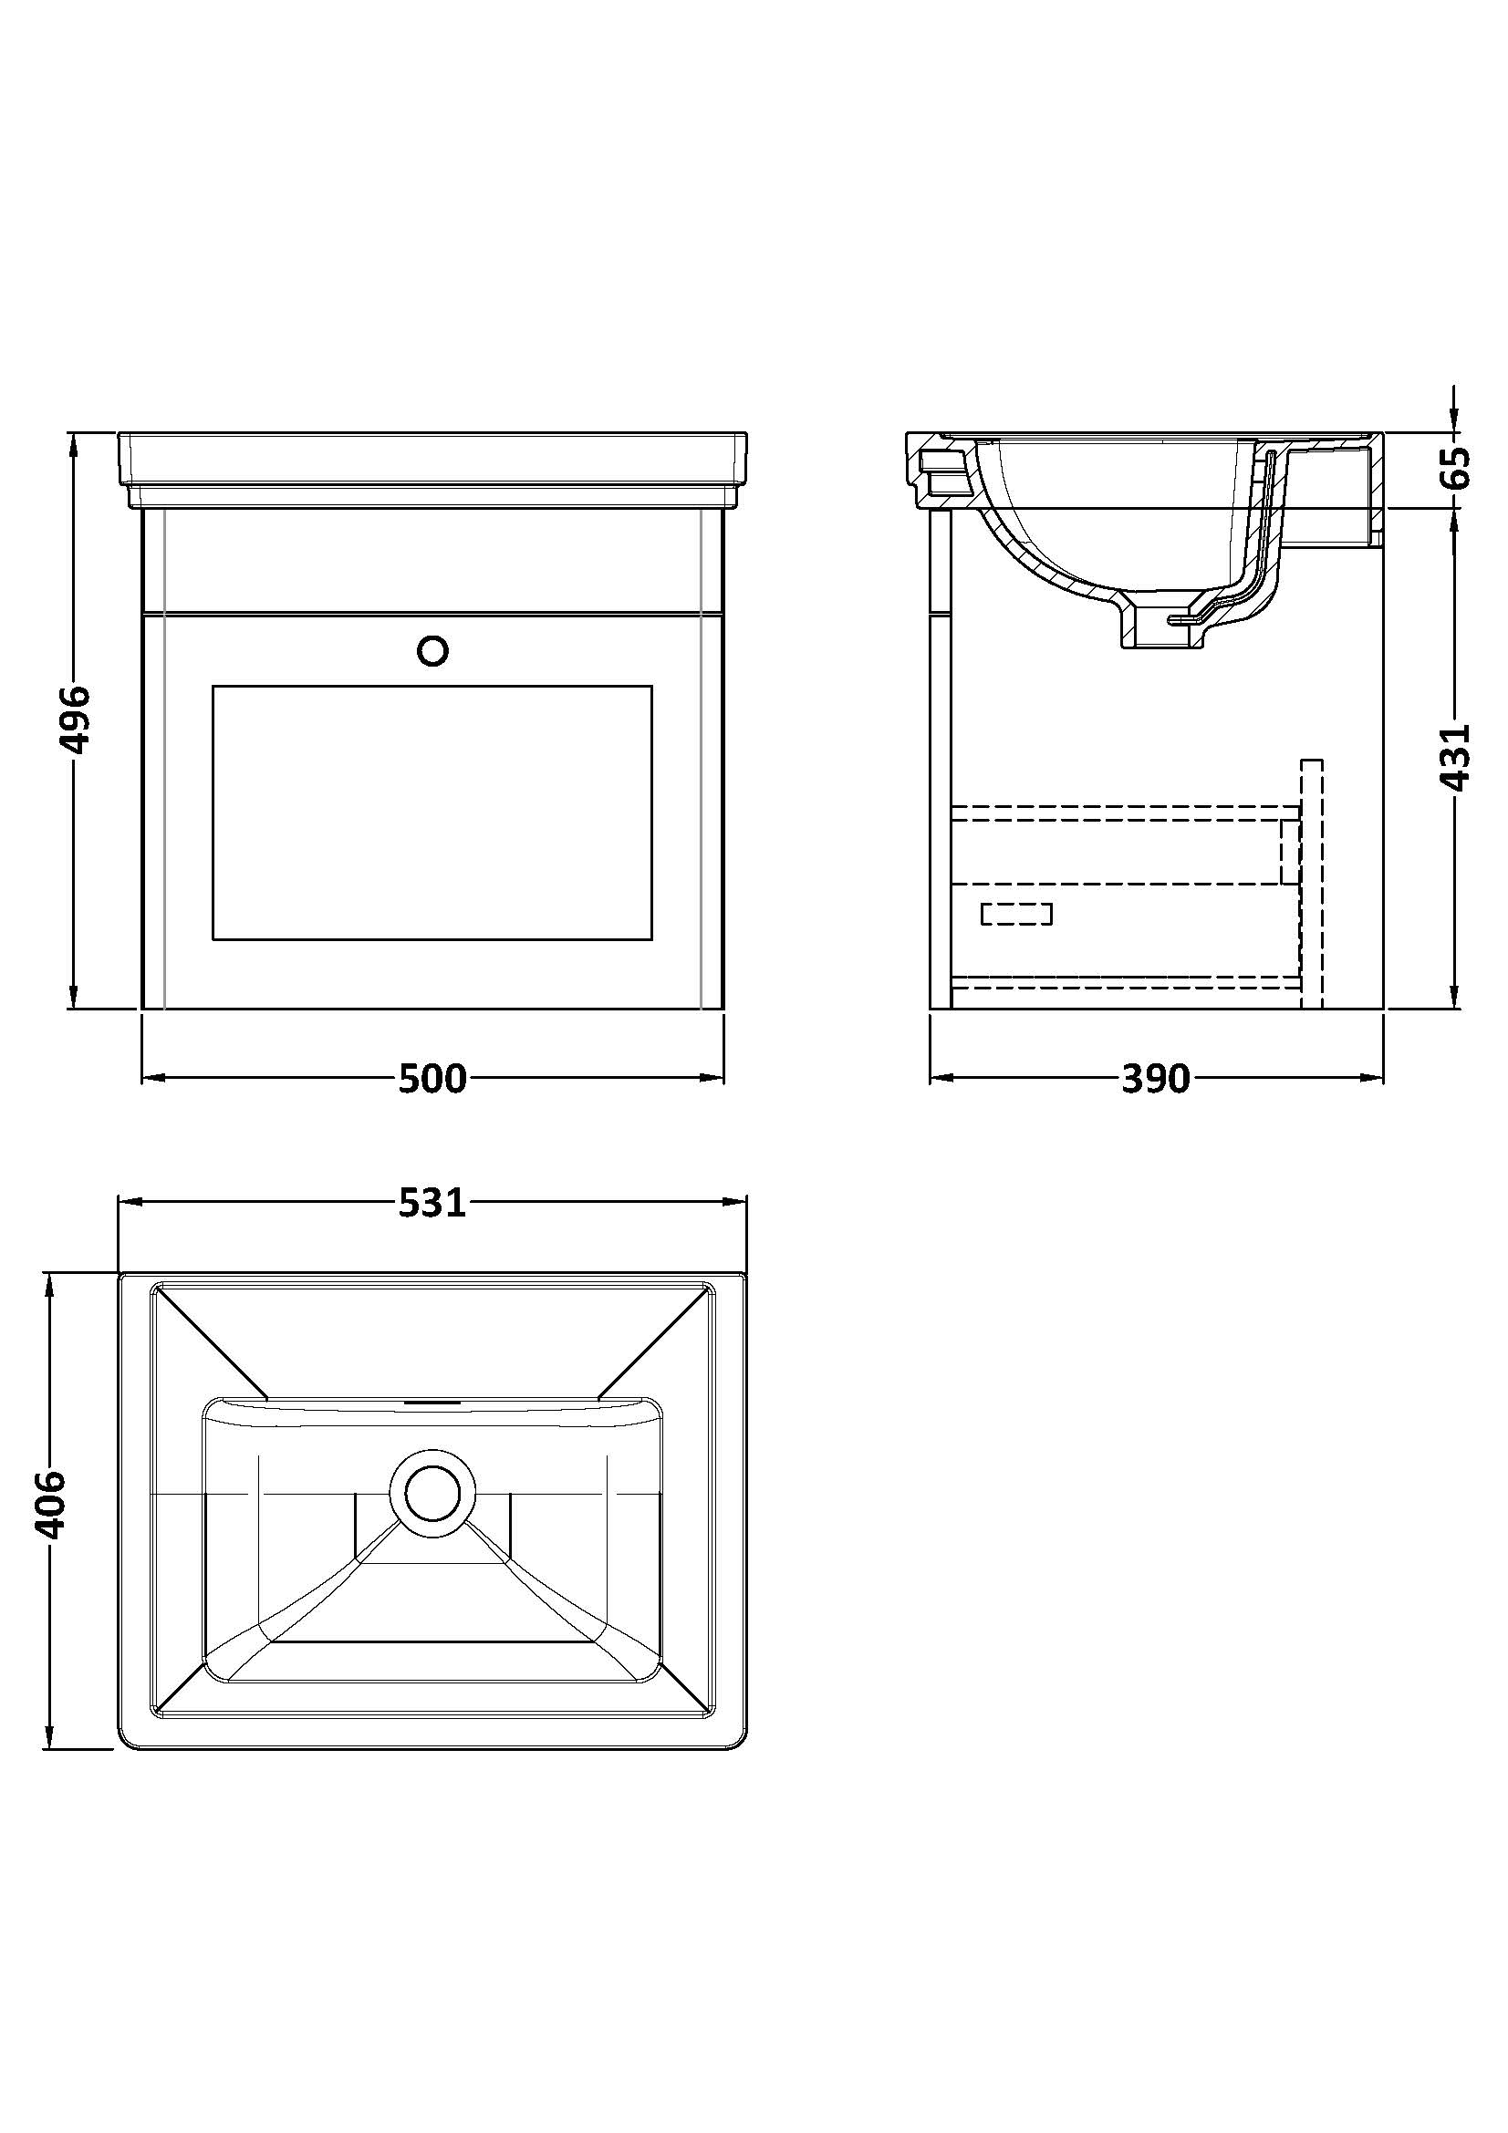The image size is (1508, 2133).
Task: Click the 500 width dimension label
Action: coord(433,1079)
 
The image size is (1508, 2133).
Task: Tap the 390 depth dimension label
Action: coord(1156,1079)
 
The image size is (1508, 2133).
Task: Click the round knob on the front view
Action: coord(433,650)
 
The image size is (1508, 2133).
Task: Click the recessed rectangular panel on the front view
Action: coord(432,813)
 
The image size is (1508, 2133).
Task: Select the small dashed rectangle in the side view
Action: coord(1016,914)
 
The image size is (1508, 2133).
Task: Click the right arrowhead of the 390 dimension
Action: coord(1372,1079)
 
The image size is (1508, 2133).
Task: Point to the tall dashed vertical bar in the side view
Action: coord(1311,885)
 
